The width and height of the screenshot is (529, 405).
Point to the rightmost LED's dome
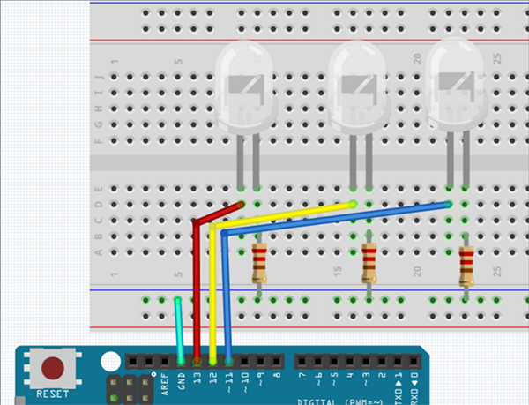pos(456,81)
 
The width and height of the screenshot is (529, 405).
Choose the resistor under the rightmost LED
pos(466,265)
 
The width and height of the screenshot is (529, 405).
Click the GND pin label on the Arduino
pos(181,381)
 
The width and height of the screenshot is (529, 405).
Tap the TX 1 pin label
pos(399,381)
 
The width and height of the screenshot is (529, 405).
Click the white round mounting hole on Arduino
pos(109,363)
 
